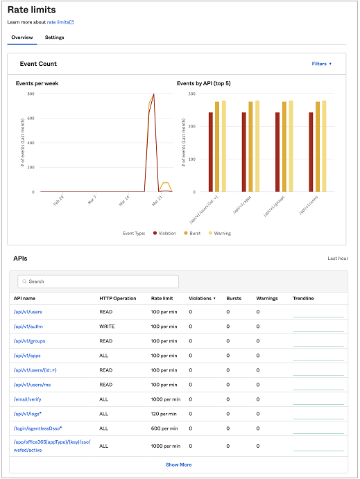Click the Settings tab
click(x=54, y=37)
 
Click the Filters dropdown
click(x=321, y=64)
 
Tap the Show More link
click(x=178, y=464)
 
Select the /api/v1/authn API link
click(x=28, y=326)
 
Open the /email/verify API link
click(x=28, y=399)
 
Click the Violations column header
click(x=201, y=298)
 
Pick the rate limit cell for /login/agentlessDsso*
click(x=165, y=428)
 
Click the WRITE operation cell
click(x=108, y=326)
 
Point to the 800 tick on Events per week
click(x=31, y=94)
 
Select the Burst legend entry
click(x=194, y=234)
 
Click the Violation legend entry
click(x=165, y=234)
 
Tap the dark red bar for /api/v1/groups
click(x=277, y=152)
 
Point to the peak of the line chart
click(x=153, y=94)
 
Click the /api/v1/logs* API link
click(x=28, y=414)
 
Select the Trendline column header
click(x=303, y=298)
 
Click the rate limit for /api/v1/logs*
click(x=165, y=414)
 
